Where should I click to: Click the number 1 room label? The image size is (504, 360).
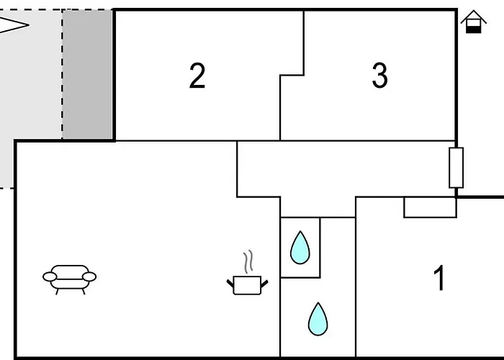coord(439,279)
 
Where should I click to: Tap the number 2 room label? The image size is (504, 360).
coord(197,76)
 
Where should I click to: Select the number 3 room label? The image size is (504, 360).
coord(380,76)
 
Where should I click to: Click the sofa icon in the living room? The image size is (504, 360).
coord(70,277)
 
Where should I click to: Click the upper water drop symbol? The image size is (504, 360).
coord(300,247)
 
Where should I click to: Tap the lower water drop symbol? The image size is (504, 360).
coord(318,318)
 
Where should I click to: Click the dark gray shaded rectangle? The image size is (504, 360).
coord(88,74)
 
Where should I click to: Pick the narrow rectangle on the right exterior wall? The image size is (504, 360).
coord(456,168)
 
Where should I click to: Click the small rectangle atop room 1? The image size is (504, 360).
coord(430,207)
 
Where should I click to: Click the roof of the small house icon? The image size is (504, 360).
coord(472,16)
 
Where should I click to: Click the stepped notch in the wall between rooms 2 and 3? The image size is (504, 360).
coord(292,74)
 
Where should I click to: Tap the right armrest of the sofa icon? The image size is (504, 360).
coord(90,276)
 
